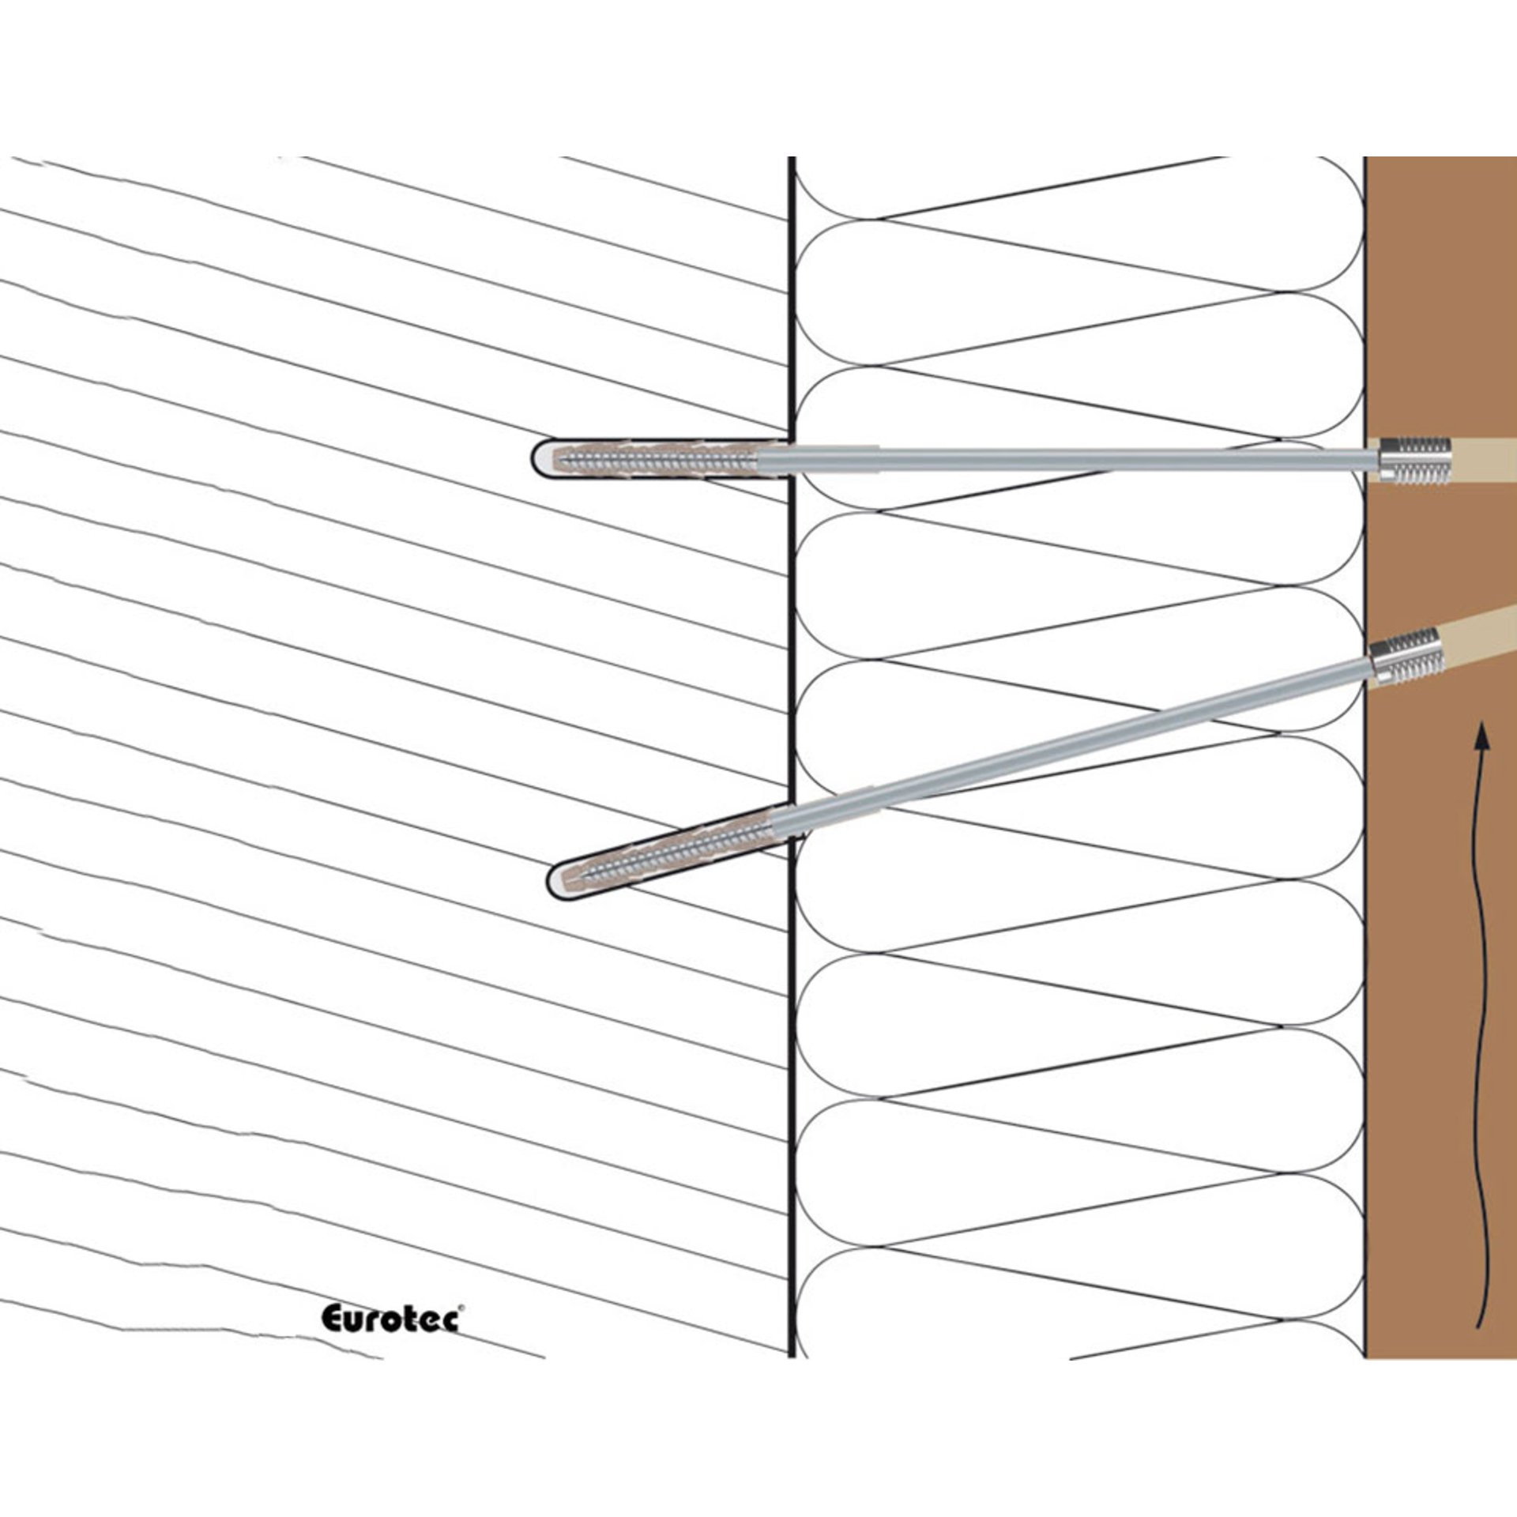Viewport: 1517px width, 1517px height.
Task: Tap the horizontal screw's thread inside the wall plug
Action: [664, 458]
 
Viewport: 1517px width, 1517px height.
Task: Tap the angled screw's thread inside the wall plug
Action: [679, 848]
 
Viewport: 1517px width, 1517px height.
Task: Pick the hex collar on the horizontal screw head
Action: [1388, 460]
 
